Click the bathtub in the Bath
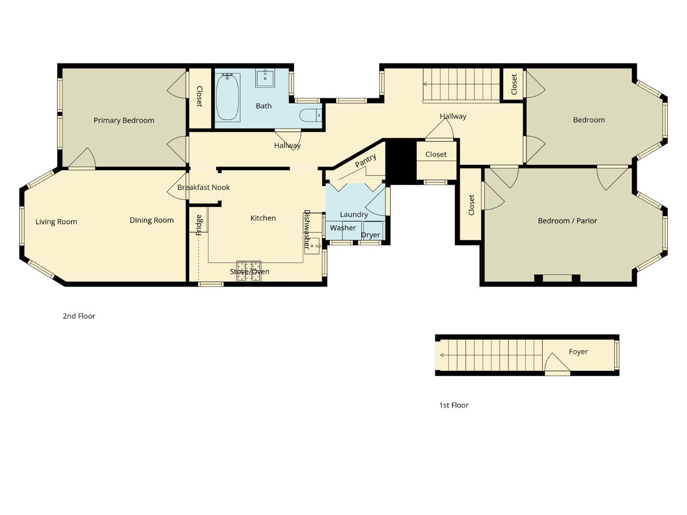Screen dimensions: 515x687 tap(228, 98)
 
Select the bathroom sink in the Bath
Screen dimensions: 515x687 tap(265, 78)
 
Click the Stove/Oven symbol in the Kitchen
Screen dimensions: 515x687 tap(249, 271)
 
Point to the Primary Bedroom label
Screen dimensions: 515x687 tap(124, 120)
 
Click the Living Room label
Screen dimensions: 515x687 tap(56, 222)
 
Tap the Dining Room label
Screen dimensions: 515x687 tap(152, 220)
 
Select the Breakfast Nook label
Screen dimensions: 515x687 tap(203, 187)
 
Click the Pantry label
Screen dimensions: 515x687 tap(365, 161)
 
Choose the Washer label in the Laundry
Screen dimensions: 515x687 tap(343, 228)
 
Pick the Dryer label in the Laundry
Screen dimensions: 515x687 tap(371, 235)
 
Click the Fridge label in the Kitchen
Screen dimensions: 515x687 tap(199, 225)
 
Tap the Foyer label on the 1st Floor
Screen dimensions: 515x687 tap(578, 352)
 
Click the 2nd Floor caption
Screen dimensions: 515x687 tap(79, 316)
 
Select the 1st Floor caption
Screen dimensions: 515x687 tap(453, 405)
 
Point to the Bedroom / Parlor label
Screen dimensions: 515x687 tap(567, 221)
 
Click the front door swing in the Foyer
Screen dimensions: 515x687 tap(556, 363)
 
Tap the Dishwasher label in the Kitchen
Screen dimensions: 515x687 tap(307, 229)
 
